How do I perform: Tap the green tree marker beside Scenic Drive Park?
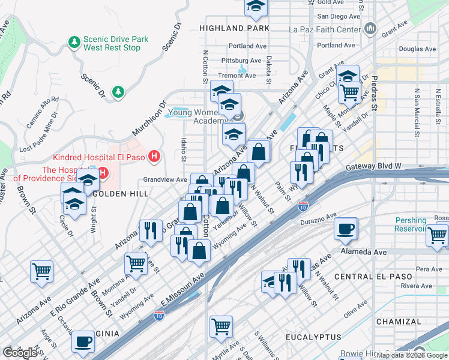click(74, 43)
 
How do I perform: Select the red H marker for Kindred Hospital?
click(155, 157)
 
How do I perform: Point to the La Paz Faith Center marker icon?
click(370, 29)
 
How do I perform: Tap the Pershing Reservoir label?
click(419, 225)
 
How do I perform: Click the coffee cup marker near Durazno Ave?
click(346, 228)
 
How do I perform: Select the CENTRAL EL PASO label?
click(373, 277)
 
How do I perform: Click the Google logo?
click(20, 353)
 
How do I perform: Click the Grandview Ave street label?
click(165, 179)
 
